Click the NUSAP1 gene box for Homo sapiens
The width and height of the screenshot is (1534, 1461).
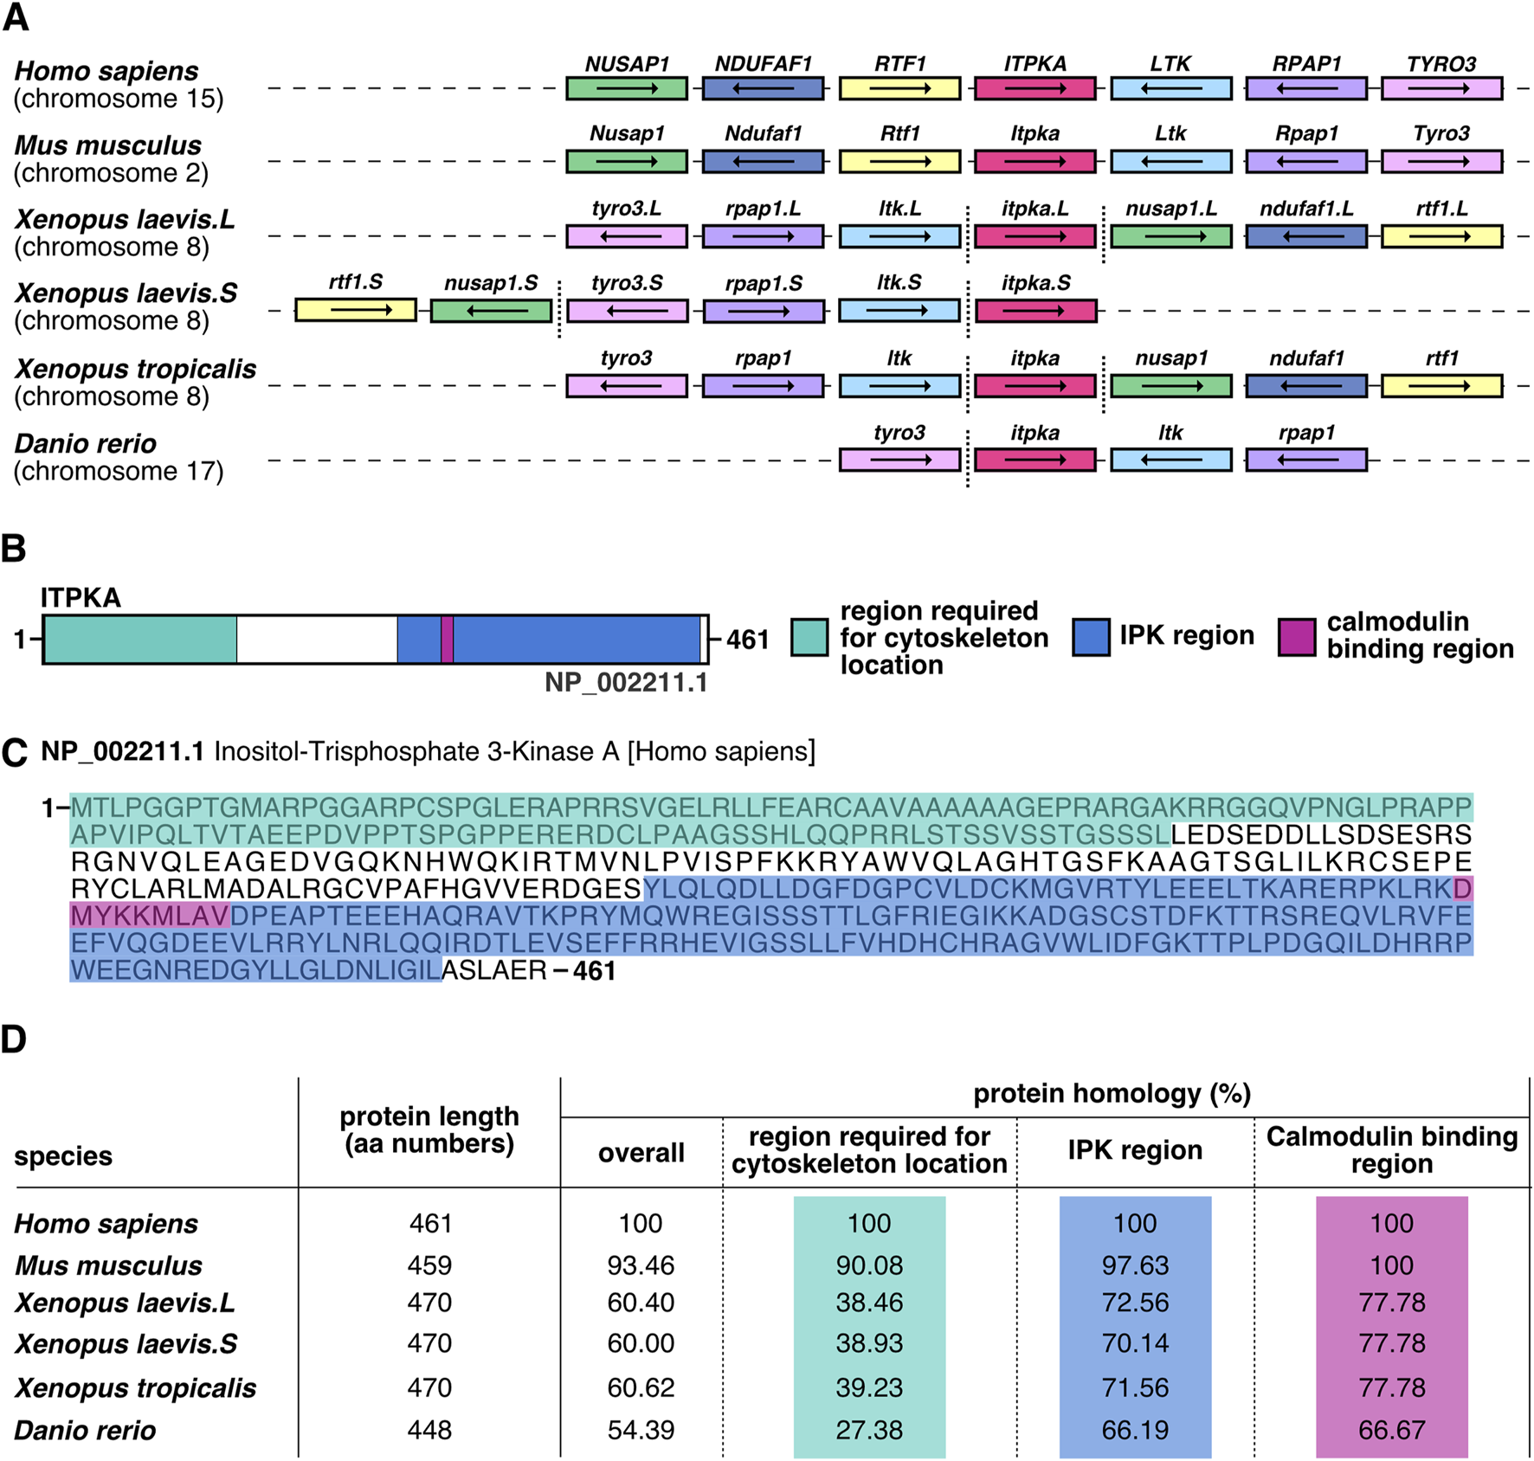(627, 88)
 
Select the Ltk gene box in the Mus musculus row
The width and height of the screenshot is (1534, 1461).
(1170, 162)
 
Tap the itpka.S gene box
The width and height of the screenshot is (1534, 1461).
(1035, 311)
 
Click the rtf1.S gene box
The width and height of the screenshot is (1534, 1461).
(355, 310)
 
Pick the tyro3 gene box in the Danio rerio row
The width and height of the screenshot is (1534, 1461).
(899, 460)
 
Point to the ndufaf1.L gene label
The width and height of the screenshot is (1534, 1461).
(1306, 209)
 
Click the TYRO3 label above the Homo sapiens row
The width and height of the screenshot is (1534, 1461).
(1441, 64)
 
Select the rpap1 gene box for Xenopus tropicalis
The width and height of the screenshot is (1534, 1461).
(763, 386)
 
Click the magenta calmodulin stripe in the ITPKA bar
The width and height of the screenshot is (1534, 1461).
(447, 640)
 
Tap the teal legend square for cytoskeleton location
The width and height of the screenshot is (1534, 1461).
(809, 638)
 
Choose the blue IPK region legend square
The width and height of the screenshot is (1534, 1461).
(1091, 637)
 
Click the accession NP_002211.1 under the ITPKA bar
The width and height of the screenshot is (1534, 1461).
(626, 683)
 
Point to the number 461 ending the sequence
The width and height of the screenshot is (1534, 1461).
(595, 971)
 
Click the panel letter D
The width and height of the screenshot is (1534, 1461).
(14, 1039)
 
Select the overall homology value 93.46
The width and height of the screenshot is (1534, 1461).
(641, 1265)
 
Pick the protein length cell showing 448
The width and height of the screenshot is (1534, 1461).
(429, 1430)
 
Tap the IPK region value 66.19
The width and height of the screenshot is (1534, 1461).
(1135, 1430)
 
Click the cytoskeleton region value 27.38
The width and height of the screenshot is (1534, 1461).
(869, 1430)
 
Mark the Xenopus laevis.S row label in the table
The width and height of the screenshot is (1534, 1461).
(126, 1343)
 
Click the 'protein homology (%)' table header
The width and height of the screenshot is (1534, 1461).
(1112, 1094)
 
